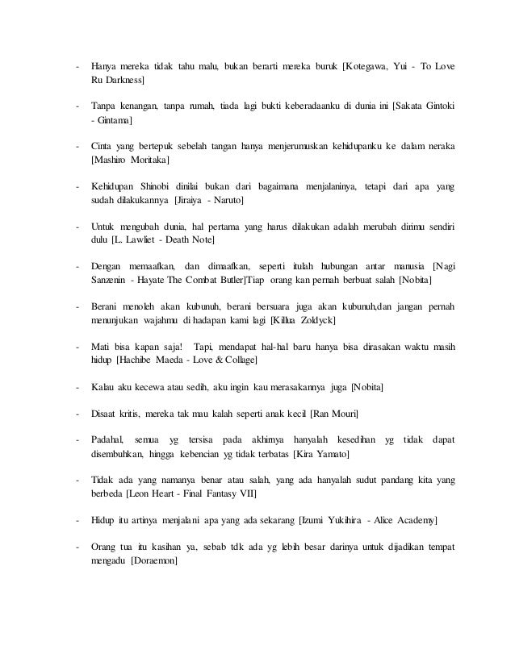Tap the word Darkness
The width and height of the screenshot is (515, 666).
point(123,81)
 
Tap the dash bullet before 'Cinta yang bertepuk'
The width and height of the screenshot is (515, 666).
point(77,146)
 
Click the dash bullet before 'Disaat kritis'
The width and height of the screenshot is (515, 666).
point(77,414)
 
